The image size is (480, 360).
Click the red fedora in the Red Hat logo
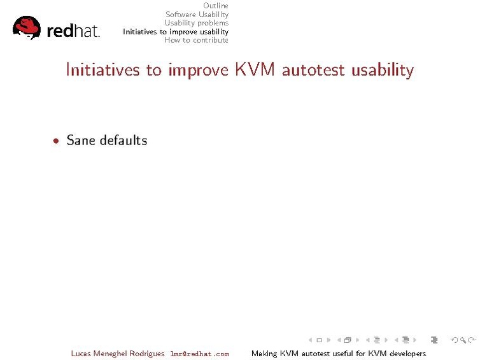[x=27, y=28]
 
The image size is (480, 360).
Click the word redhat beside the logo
[x=73, y=31]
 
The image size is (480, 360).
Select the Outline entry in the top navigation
[x=215, y=6]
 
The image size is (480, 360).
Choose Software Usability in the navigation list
[x=197, y=15]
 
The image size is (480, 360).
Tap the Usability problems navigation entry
[x=196, y=23]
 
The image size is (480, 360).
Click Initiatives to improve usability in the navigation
[x=176, y=32]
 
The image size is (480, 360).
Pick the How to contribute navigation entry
[x=196, y=40]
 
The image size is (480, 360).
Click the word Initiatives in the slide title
[x=104, y=70]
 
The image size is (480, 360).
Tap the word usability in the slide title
[x=383, y=70]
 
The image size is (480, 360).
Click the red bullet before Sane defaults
[x=57, y=141]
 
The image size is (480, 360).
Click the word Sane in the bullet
[x=81, y=140]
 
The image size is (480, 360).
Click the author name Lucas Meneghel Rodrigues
[x=118, y=354]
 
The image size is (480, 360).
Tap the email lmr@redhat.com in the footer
[x=199, y=354]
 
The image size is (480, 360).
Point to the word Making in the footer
[x=264, y=354]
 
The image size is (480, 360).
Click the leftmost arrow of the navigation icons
[x=310, y=340]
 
